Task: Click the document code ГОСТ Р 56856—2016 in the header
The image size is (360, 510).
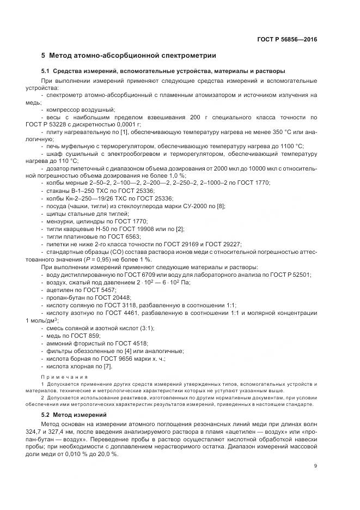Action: [287, 39]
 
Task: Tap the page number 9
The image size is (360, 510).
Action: [315, 465]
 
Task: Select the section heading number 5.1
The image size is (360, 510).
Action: [46, 71]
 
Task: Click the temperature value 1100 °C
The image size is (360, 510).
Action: [291, 146]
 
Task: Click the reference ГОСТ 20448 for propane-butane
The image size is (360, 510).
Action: [107, 297]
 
